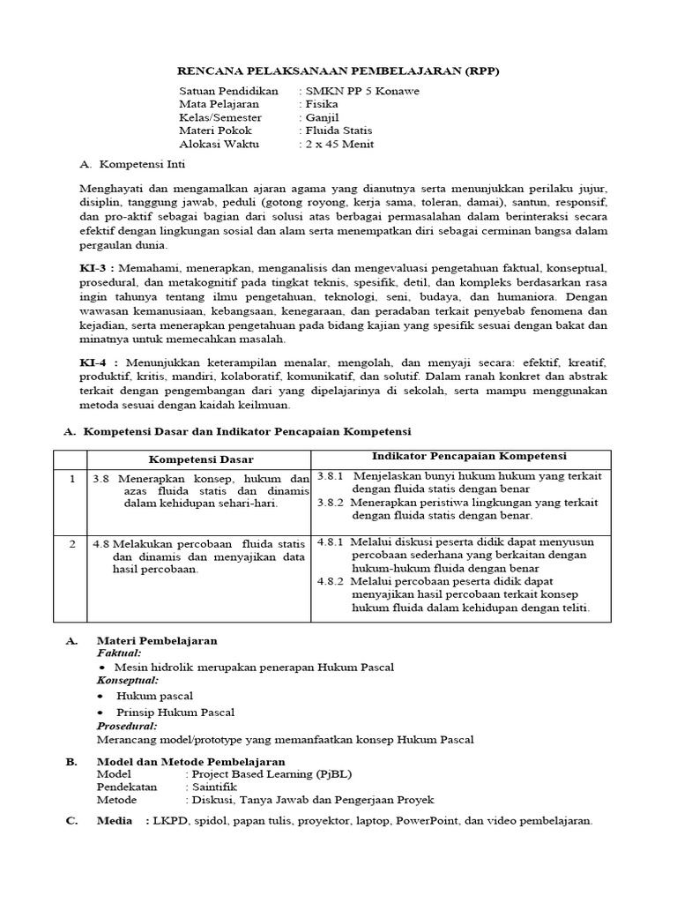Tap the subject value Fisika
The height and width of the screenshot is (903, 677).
click(319, 104)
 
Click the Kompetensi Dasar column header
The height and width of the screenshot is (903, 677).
click(200, 459)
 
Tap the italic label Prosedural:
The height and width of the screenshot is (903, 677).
click(127, 726)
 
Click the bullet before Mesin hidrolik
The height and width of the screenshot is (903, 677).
click(101, 668)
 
